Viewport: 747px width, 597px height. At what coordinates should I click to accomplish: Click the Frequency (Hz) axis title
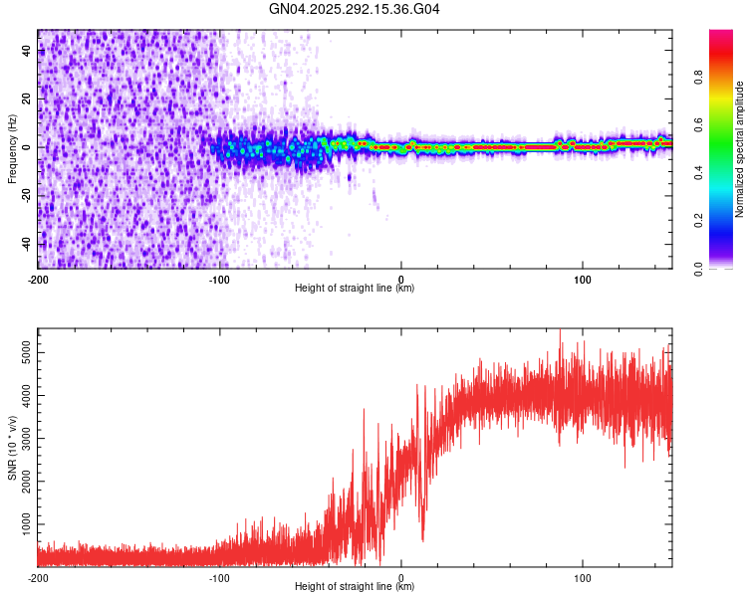pyautogui.click(x=12, y=149)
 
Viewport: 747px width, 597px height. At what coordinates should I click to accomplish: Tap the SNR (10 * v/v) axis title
pyautogui.click(x=12, y=448)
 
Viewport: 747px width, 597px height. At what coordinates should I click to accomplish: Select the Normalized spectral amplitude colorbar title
pyautogui.click(x=740, y=149)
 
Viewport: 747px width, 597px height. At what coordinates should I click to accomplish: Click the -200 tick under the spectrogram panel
pyautogui.click(x=38, y=279)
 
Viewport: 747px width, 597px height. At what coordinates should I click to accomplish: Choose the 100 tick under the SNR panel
pyautogui.click(x=583, y=577)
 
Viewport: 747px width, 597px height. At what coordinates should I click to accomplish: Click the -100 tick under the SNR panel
pyautogui.click(x=219, y=577)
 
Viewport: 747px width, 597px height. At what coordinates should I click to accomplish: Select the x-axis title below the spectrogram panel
pyautogui.click(x=355, y=289)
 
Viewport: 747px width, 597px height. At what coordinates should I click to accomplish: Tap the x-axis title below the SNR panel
pyautogui.click(x=355, y=587)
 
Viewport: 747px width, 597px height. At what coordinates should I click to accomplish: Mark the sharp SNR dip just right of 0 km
pyautogui.click(x=422, y=537)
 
